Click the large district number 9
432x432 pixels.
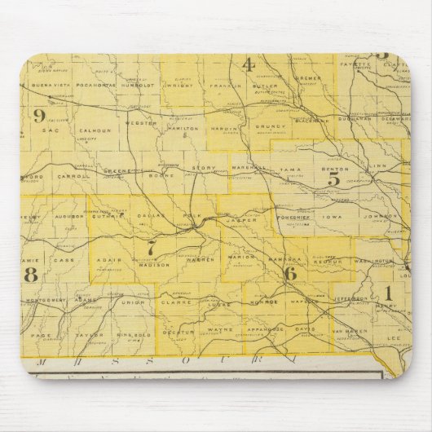coord(38,116)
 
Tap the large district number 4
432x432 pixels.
coord(249,66)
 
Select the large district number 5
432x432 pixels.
coord(333,179)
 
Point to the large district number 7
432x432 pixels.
coord(150,245)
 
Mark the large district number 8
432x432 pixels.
coord(31,275)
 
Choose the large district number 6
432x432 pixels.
coord(290,274)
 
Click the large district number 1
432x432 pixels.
coord(388,292)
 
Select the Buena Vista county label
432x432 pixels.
coord(47,84)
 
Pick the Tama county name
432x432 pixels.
coord(291,171)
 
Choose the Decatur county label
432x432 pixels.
coord(178,332)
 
